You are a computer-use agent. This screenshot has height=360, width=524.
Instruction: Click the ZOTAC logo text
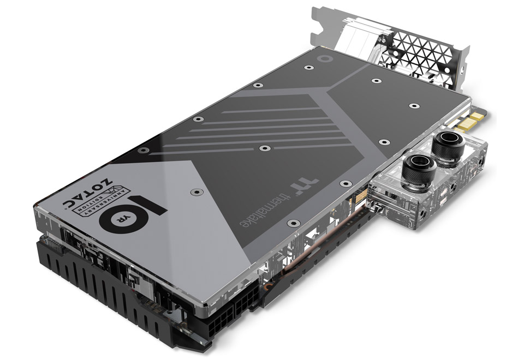88,193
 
